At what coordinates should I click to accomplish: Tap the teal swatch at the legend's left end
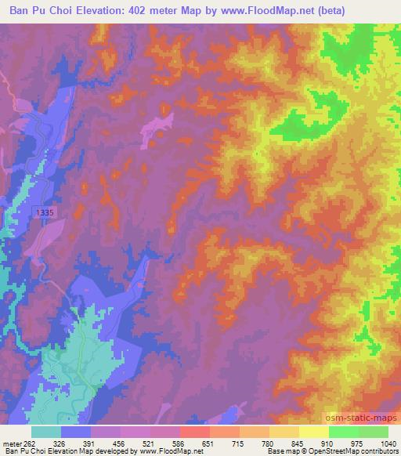pyautogui.click(x=46, y=431)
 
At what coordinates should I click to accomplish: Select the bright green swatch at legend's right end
pyautogui.click(x=374, y=431)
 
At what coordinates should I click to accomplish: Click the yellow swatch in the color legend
pyautogui.click(x=314, y=431)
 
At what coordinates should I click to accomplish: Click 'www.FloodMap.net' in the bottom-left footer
pyautogui.click(x=167, y=452)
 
